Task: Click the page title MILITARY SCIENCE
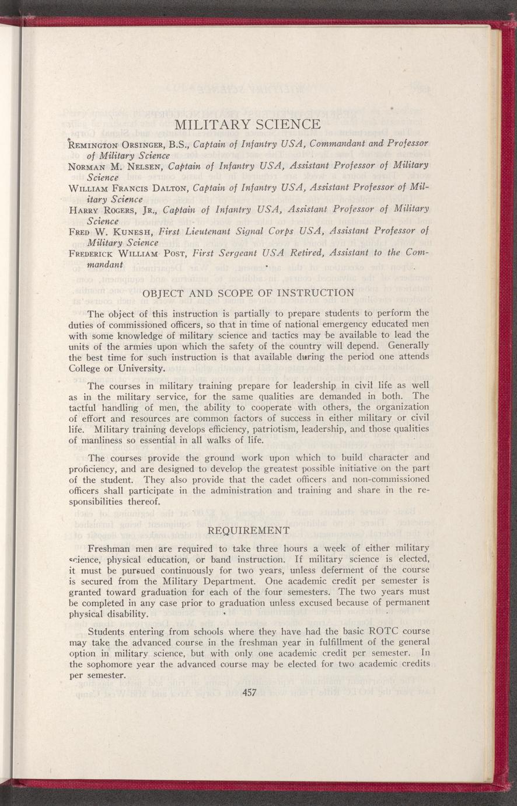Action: point(248,125)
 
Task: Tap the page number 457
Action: point(249,692)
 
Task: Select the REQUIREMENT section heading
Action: point(249,530)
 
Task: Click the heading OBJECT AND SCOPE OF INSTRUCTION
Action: point(249,293)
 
